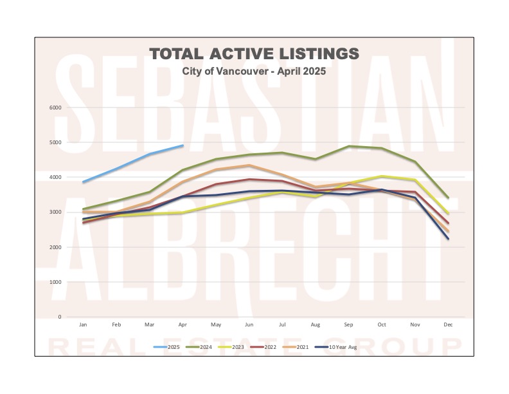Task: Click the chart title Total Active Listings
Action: tap(254, 53)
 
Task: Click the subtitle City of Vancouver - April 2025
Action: tap(254, 71)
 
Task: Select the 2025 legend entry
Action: tap(166, 346)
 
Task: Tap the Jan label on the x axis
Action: tap(83, 325)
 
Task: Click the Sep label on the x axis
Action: tap(348, 325)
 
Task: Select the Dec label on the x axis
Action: tap(448, 325)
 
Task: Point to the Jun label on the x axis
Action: tap(249, 325)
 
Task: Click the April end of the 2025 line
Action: tap(183, 145)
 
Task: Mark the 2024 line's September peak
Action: tap(348, 146)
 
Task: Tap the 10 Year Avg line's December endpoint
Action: tap(448, 239)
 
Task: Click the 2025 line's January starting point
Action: tap(83, 182)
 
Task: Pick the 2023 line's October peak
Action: tap(382, 176)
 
